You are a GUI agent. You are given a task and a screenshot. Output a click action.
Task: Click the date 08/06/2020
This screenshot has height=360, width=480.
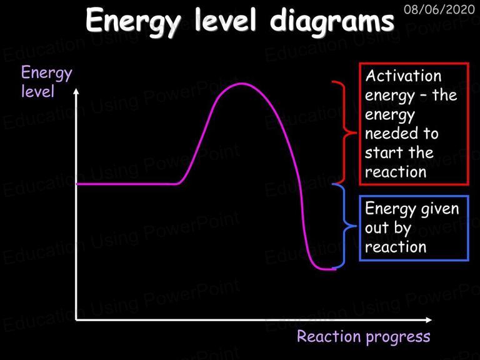click(439, 9)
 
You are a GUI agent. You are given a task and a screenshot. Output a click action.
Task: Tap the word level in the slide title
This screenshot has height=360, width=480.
click(225, 19)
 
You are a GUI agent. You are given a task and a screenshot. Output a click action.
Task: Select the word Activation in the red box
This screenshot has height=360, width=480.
click(403, 75)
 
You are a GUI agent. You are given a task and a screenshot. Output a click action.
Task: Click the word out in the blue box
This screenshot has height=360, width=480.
click(377, 228)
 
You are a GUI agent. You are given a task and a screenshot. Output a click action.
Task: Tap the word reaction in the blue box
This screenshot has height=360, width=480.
click(396, 247)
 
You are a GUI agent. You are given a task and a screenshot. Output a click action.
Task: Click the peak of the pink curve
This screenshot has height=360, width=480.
click(242, 84)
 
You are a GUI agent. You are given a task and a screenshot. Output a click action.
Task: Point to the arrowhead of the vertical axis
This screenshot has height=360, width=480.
click(76, 91)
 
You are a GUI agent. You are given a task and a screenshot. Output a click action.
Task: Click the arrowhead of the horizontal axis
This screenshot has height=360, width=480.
click(429, 320)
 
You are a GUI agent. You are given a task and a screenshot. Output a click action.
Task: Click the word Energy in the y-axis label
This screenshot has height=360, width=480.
click(47, 74)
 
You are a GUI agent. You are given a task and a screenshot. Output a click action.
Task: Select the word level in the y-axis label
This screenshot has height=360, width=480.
click(37, 91)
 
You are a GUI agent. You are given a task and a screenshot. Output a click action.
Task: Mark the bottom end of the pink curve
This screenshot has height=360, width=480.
click(335, 269)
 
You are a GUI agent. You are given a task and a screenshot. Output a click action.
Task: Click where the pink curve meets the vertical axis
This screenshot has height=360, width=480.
click(76, 184)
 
